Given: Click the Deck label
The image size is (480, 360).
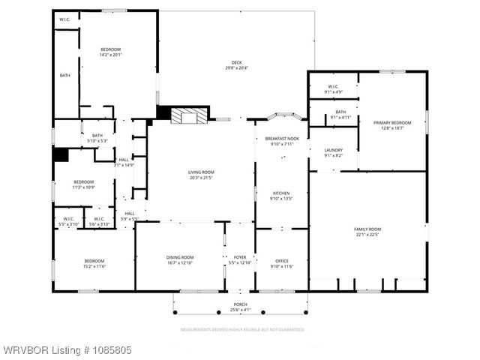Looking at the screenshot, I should [x=236, y=64].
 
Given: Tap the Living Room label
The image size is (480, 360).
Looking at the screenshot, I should [x=201, y=175].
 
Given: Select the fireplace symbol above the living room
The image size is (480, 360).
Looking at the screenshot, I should [x=187, y=116].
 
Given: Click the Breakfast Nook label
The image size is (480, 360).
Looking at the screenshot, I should [x=282, y=141].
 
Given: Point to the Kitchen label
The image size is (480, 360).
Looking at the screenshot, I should [x=282, y=196].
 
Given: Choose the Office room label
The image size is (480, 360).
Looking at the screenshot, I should [x=282, y=263].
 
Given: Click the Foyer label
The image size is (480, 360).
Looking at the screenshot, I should [x=240, y=260].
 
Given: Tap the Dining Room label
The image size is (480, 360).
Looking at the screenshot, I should [x=180, y=260].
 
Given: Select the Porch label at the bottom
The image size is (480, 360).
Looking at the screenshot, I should [x=240, y=307].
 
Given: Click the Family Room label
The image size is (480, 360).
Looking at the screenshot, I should [x=367, y=232].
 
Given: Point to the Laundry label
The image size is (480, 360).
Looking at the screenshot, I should [x=333, y=152].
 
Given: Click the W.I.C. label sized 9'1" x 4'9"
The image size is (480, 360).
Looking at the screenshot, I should [x=332, y=89].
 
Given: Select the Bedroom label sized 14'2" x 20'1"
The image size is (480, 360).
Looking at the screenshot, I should [x=111, y=52].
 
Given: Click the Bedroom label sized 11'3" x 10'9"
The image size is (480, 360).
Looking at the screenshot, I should [x=84, y=184].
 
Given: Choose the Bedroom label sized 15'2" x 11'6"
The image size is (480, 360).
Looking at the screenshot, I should [x=83, y=263].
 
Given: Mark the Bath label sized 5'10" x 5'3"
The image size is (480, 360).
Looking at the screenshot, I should [x=97, y=138].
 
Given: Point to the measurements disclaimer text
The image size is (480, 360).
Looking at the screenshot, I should [x=242, y=329].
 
